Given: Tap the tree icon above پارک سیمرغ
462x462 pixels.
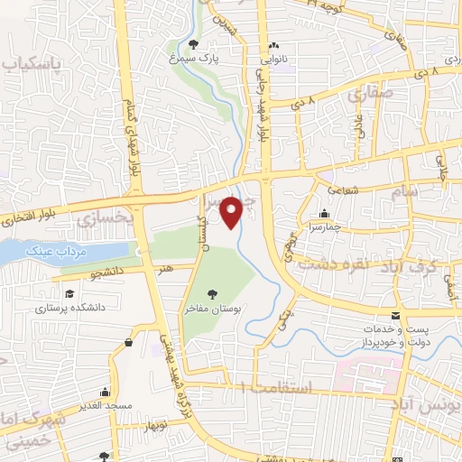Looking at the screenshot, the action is (195, 45).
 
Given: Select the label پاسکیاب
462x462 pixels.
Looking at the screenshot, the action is (33, 64).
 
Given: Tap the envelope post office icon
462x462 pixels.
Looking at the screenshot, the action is (396, 315).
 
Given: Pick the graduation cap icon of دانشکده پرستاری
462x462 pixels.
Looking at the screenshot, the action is (69, 293).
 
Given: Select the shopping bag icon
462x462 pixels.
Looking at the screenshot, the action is (129, 342).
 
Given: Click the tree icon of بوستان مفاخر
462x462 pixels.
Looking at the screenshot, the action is (212, 294).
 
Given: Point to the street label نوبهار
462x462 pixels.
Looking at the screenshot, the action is (170, 424).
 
